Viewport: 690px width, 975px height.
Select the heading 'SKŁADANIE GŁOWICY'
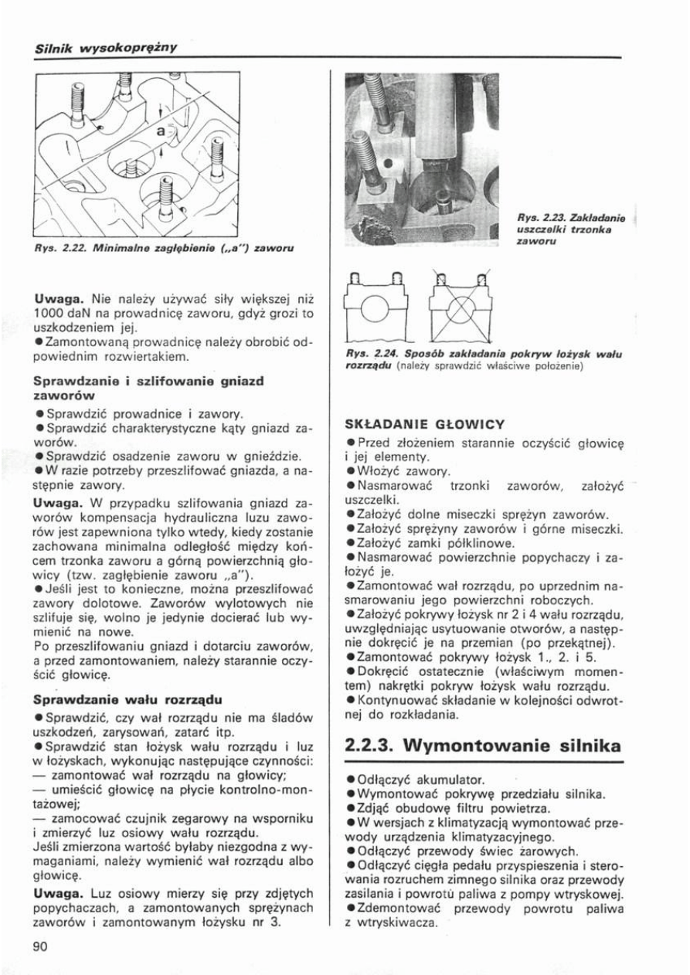(x=424, y=423)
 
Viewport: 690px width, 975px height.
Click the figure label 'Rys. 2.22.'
(x=56, y=250)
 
